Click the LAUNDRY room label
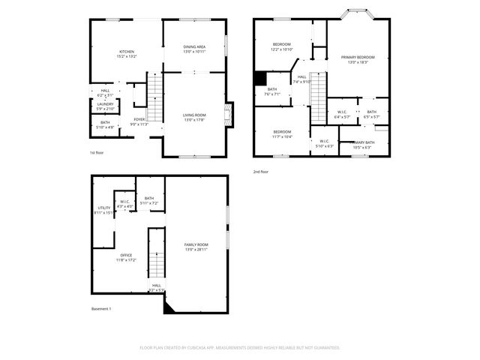pos(105,106)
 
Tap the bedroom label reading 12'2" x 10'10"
pos(282,46)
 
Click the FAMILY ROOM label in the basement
pos(196,247)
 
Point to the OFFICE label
pos(125,257)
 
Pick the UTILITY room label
pos(103,210)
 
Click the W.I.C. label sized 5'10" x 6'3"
pos(324,142)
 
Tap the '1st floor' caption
pos(97,152)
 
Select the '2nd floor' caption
pos(262,172)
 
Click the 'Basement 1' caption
pos(101,308)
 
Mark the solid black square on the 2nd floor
pos(261,78)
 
